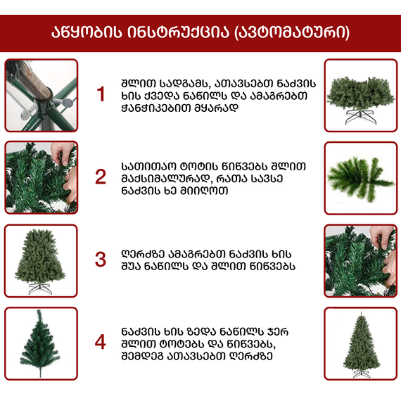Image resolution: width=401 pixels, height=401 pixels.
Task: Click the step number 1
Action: click(x=101, y=94)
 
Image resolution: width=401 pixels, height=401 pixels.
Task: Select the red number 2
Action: click(x=101, y=177)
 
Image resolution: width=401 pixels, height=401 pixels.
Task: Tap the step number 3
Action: click(x=101, y=259)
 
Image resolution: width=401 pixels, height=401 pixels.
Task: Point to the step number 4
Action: click(x=101, y=342)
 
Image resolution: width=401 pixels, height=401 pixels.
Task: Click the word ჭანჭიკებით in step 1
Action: click(x=151, y=108)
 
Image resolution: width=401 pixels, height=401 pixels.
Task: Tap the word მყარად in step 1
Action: click(x=210, y=108)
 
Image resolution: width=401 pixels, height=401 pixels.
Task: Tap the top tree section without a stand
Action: click(x=40, y=342)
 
